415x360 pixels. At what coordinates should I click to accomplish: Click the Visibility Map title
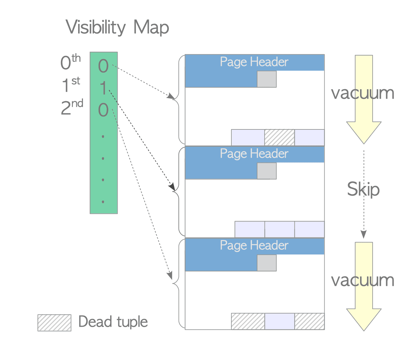click(117, 27)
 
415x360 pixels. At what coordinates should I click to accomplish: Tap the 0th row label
click(70, 62)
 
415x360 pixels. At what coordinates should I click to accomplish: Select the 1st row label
click(71, 84)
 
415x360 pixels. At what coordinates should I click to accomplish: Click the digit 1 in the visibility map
click(103, 88)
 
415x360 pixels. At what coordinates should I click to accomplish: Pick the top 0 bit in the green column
click(103, 66)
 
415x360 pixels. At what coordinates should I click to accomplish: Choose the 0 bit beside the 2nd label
click(103, 110)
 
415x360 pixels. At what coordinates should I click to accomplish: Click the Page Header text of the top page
click(254, 62)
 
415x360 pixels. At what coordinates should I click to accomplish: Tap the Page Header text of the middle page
click(254, 154)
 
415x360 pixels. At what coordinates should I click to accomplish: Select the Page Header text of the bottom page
click(254, 245)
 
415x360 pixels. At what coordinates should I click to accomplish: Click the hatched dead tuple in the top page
click(279, 137)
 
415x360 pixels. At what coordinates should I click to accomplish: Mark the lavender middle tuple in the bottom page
click(279, 321)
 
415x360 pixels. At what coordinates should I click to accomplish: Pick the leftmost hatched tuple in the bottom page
click(248, 321)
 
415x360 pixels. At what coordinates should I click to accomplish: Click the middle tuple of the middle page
click(279, 229)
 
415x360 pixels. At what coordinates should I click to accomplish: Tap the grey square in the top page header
click(267, 79)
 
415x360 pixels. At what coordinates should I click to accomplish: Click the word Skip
click(364, 189)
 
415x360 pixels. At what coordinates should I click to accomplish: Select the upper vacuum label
click(363, 93)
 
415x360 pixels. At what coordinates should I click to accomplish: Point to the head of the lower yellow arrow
click(364, 330)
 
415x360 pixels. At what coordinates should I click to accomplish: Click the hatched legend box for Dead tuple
click(54, 323)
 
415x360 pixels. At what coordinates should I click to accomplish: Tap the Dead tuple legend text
click(113, 322)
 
